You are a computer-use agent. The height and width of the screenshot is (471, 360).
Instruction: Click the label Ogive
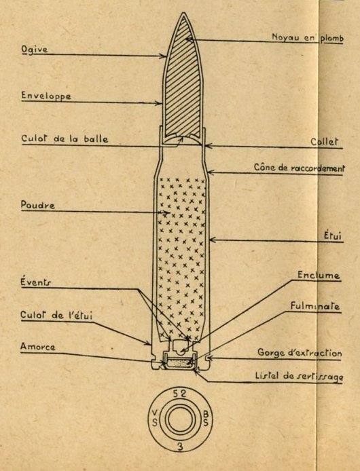(x=34, y=50)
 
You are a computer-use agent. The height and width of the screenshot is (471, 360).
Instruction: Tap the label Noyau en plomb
(x=308, y=37)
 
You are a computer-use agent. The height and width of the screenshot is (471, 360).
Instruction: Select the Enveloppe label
(x=46, y=96)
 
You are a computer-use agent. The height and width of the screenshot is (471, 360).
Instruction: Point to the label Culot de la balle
(x=65, y=138)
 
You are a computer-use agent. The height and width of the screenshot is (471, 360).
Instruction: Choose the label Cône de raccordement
(x=300, y=168)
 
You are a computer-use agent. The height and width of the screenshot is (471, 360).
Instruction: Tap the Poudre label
(x=38, y=205)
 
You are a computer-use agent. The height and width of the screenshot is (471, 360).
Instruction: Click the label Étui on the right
(x=333, y=235)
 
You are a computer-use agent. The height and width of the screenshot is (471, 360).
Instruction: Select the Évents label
(x=36, y=282)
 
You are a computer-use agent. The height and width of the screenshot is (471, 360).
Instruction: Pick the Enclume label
(x=319, y=275)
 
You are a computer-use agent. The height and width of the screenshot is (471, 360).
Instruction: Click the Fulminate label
(x=315, y=306)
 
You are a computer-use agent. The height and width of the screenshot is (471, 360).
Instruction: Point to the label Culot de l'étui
(x=56, y=315)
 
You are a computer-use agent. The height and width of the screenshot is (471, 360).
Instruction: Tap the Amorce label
(x=38, y=347)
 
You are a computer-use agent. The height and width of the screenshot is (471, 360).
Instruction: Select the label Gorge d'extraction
(x=300, y=352)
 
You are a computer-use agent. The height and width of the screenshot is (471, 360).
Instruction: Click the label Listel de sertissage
(x=299, y=376)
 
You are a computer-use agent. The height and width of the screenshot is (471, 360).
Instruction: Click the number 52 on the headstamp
(x=179, y=394)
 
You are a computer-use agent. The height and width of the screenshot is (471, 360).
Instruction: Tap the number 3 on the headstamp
(x=180, y=447)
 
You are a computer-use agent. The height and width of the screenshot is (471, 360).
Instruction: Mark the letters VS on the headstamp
(x=154, y=418)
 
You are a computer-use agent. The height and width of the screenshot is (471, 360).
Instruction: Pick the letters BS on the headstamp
(x=206, y=418)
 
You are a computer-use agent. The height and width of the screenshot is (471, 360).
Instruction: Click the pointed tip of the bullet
(x=183, y=13)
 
